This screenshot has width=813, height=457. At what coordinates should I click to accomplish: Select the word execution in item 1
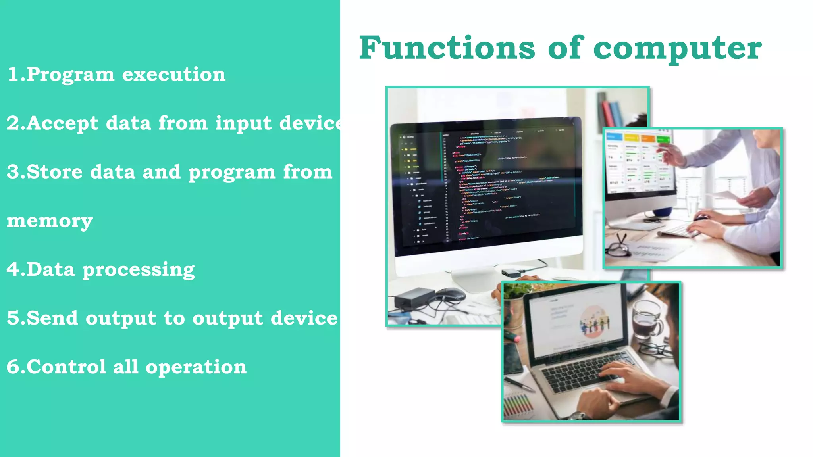click(173, 74)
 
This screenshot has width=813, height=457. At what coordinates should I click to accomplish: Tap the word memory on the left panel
click(50, 221)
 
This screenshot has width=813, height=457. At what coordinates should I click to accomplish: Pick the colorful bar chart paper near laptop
click(518, 405)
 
